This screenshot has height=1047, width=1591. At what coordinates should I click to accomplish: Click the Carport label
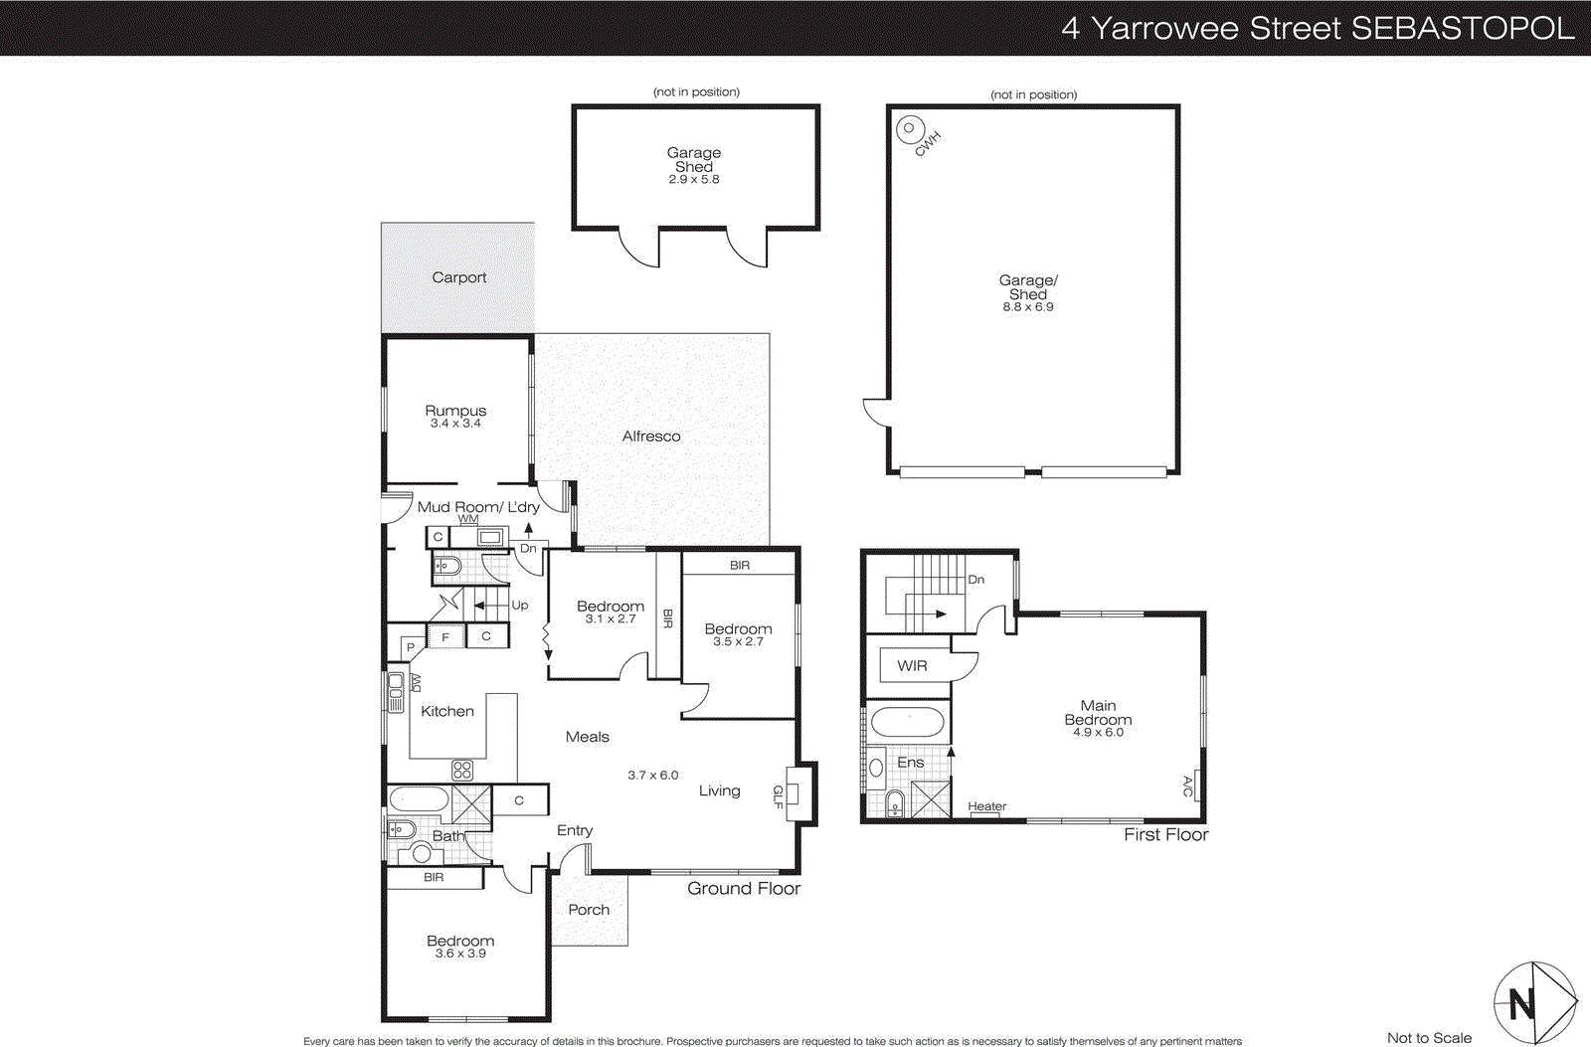pyautogui.click(x=458, y=277)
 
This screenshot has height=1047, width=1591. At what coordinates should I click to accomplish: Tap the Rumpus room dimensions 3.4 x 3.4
pyautogui.click(x=455, y=424)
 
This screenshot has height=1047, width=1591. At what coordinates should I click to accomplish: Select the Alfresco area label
pyautogui.click(x=651, y=436)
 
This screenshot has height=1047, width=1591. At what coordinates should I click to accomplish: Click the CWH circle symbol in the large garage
pyautogui.click(x=909, y=129)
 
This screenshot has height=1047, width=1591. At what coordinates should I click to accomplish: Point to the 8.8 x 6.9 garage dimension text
pyautogui.click(x=1027, y=307)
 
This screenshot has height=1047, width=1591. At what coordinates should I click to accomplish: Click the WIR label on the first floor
pyautogui.click(x=912, y=665)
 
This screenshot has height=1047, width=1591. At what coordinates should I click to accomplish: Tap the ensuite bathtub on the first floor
pyautogui.click(x=908, y=723)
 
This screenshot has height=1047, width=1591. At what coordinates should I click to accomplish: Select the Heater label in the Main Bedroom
pyautogui.click(x=986, y=806)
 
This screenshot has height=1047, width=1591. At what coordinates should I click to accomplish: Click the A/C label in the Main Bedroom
pyautogui.click(x=1187, y=786)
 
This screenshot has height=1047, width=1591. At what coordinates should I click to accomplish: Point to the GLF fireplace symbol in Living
pyautogui.click(x=800, y=793)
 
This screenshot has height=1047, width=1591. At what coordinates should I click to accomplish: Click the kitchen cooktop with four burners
pyautogui.click(x=462, y=769)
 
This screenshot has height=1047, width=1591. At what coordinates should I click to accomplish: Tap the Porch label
pyautogui.click(x=589, y=909)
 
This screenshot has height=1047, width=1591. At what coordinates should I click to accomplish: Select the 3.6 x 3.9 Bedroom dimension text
pyautogui.click(x=460, y=954)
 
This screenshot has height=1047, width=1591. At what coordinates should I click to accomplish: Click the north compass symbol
pyautogui.click(x=1534, y=1003)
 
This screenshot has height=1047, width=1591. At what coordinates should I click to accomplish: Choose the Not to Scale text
pyautogui.click(x=1429, y=1037)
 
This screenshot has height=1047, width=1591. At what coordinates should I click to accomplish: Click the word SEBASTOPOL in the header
pyautogui.click(x=1462, y=28)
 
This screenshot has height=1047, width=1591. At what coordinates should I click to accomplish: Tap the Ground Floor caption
pyautogui.click(x=744, y=888)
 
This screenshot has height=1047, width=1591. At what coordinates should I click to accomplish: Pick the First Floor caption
pyautogui.click(x=1165, y=834)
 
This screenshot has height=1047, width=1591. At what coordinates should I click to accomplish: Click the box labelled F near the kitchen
pyautogui.click(x=445, y=636)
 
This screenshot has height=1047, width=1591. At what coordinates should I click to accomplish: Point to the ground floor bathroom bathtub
pyautogui.click(x=419, y=800)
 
